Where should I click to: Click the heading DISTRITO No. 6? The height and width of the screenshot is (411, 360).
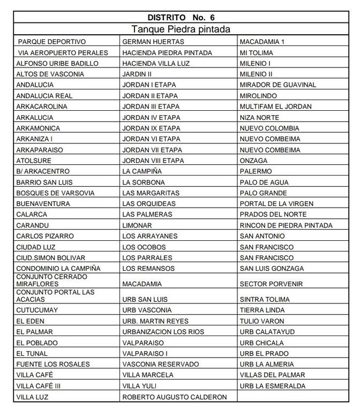(x=180, y=18)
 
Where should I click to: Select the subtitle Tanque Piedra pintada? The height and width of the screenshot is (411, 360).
(x=180, y=29)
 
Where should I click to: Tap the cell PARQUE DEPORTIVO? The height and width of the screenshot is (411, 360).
(x=52, y=42)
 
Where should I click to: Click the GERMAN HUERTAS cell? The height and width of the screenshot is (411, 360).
(x=153, y=42)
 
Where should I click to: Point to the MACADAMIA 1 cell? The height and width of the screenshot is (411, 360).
(x=262, y=42)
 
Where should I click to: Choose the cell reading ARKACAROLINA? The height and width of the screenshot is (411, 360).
(x=42, y=106)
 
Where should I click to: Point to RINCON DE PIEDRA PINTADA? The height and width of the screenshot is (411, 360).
(x=286, y=225)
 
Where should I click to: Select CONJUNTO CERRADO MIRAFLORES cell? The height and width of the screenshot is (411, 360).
(x=51, y=280)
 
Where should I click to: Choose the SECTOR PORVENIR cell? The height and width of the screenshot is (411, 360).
(x=271, y=284)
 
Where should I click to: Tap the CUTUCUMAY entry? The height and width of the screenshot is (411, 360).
(x=37, y=310)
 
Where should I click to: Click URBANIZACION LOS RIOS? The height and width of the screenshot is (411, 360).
(x=163, y=332)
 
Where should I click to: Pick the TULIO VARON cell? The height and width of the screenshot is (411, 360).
(x=262, y=321)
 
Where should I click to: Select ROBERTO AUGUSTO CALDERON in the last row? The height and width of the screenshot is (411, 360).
(x=175, y=397)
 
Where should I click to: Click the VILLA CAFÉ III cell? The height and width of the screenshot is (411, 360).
(x=39, y=386)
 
